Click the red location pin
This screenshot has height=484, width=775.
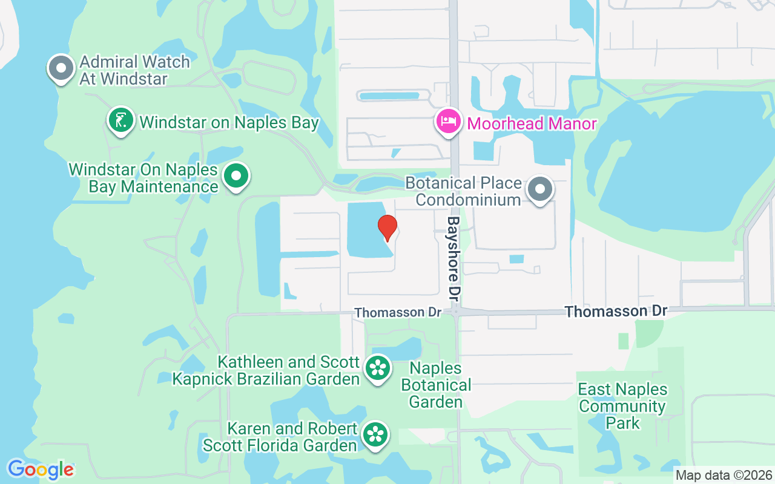(387, 227)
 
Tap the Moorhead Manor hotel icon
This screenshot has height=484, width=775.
(448, 121)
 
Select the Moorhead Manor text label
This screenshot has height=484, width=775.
(532, 124)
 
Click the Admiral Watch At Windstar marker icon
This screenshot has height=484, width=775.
(61, 68)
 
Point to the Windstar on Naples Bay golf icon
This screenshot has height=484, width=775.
(121, 120)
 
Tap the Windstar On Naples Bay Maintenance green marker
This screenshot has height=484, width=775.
(236, 176)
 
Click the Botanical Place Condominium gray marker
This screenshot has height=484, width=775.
(539, 189)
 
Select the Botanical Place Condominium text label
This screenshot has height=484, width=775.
(463, 191)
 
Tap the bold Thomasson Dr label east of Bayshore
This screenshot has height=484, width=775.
(616, 311)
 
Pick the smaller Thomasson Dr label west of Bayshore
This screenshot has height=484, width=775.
(398, 312)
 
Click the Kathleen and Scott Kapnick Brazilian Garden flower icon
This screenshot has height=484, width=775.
(378, 367)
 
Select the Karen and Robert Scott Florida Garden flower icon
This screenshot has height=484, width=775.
(375, 434)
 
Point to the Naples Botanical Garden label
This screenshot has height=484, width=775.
(436, 385)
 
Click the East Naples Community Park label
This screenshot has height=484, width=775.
(622, 406)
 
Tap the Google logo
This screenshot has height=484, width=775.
(41, 469)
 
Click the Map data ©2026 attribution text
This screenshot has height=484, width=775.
(724, 475)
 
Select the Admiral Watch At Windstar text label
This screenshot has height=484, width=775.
(134, 70)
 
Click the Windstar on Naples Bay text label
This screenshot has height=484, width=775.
(229, 122)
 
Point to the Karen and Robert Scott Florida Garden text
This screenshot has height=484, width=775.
(280, 437)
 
